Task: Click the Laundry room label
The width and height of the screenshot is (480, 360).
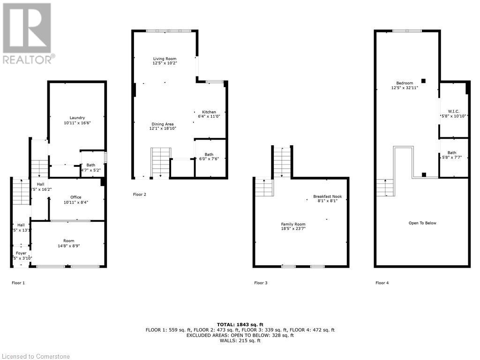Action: pos(77,118)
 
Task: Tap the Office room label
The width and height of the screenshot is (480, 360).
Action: pos(76,197)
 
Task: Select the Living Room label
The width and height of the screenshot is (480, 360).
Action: pos(165,59)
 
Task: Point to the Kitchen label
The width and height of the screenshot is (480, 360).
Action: pos(209,112)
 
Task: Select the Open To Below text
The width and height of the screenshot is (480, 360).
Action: pos(422,223)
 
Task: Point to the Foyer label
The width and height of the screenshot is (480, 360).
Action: pos(22,253)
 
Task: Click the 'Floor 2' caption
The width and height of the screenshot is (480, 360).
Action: pos(139,194)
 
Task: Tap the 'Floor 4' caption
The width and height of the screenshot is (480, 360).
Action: pos(382,283)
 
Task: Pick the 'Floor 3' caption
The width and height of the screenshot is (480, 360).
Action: pos(261,283)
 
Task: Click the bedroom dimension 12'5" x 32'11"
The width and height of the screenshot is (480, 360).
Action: pos(405,88)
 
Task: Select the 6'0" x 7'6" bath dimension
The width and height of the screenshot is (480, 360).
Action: pos(209,159)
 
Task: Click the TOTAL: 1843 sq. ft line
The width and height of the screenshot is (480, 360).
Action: pos(240,324)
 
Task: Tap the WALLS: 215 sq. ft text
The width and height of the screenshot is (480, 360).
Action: pos(240,341)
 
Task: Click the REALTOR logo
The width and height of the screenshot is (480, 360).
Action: pos(28,33)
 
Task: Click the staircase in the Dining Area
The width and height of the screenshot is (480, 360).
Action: pos(161,162)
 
